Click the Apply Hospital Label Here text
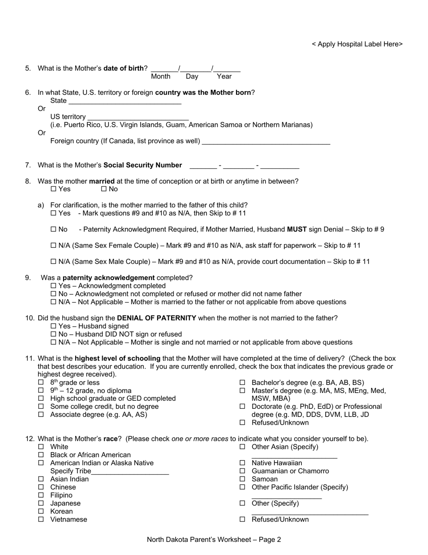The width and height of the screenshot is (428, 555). [357, 44]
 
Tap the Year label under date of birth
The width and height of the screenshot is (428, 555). [224, 77]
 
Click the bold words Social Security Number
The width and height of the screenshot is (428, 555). [143, 165]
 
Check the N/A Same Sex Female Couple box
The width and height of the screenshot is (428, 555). [54, 246]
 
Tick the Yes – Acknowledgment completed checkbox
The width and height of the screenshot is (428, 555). [54, 286]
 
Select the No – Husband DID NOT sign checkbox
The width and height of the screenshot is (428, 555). [54, 334]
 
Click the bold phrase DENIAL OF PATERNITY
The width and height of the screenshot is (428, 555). [156, 318]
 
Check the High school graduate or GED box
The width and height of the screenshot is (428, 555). [41, 399]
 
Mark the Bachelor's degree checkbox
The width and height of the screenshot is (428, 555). [242, 383]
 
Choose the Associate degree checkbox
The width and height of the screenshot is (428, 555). [41, 415]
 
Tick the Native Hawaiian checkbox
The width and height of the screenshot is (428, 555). [242, 463]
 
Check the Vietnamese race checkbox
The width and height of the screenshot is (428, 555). [41, 519]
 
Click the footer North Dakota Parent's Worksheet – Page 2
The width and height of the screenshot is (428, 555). [214, 539]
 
